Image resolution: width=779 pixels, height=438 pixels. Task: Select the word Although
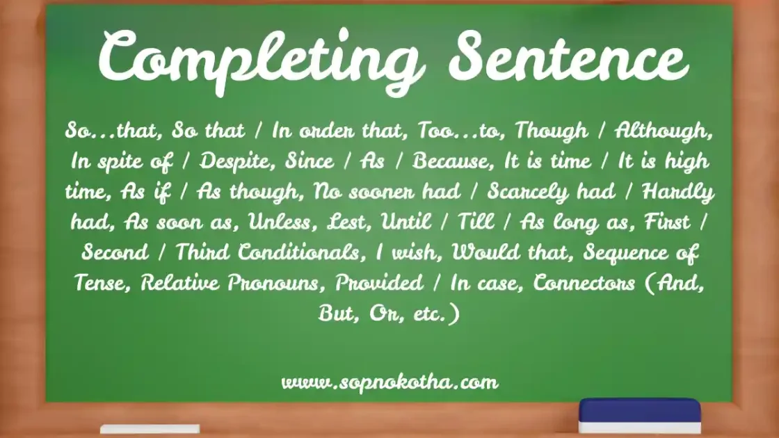664,131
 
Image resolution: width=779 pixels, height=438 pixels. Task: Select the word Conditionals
299,252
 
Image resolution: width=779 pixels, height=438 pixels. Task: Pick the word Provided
380,283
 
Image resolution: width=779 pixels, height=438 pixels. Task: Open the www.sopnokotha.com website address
389,382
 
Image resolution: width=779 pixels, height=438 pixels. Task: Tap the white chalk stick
150,429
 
